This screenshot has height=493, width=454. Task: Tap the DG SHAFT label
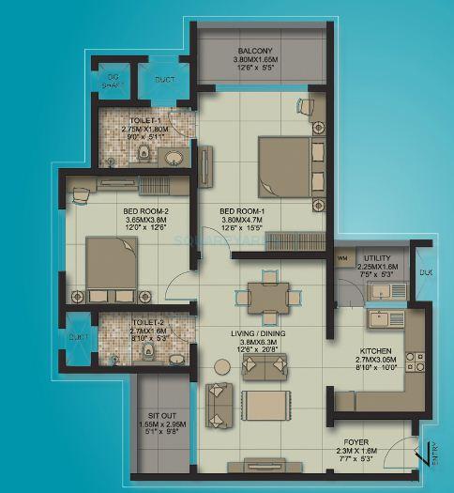112,79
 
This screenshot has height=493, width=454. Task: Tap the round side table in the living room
222,365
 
